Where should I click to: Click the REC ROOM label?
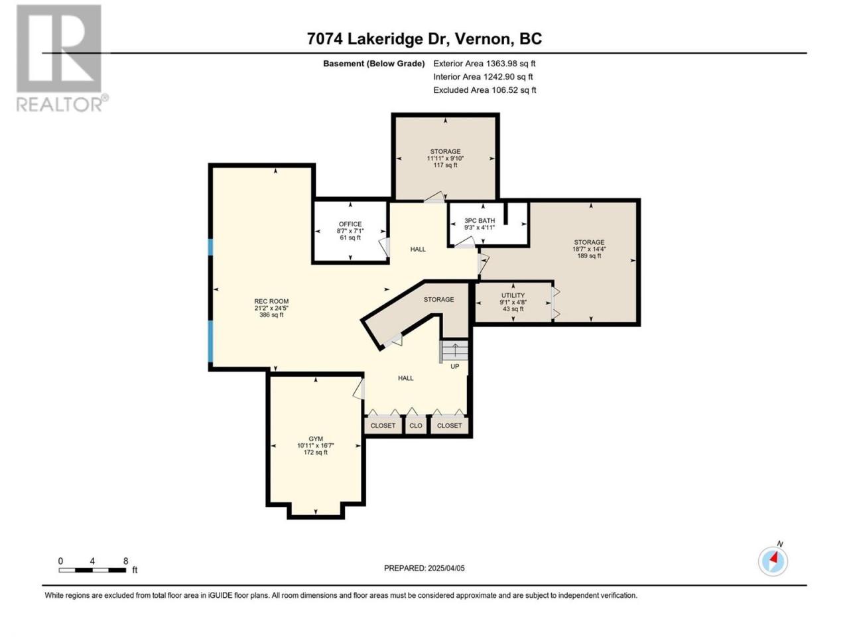coord(271,301)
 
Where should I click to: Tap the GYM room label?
coord(316,439)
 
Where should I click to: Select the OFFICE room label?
coord(350,224)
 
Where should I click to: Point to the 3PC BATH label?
coord(480,220)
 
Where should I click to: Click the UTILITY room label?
coord(513,295)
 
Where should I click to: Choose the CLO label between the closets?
coord(416,425)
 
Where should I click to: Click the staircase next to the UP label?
coord(454,351)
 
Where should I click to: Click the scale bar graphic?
coord(92,570)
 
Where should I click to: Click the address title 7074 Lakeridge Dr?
coord(378,38)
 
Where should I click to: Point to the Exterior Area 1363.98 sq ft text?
coord(484,64)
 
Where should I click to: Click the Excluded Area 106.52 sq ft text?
coord(485,90)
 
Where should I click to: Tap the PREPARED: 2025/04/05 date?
coord(424,568)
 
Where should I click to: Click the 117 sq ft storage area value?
coord(445,165)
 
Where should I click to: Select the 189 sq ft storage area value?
coord(589,255)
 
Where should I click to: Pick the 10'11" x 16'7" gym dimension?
coord(316,445)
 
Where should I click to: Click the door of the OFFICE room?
coord(384,247)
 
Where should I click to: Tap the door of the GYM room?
coord(359,389)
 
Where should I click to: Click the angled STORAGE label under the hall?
coord(438,299)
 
